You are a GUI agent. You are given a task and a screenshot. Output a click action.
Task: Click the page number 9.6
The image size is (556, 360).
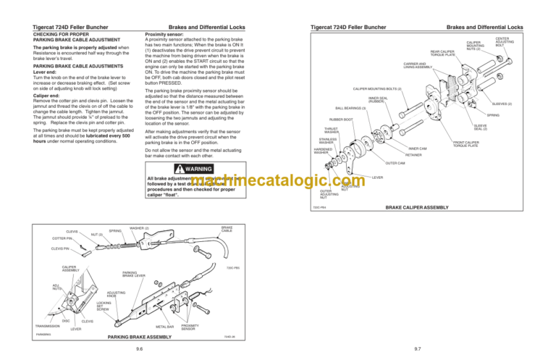pyautogui.click(x=138, y=348)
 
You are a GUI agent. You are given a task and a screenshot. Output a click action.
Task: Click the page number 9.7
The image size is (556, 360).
pyautogui.click(x=417, y=348)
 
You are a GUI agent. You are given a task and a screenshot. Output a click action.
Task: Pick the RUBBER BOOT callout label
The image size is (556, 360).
pyautogui.click(x=341, y=120)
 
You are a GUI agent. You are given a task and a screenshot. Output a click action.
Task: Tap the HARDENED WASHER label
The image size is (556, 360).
pyautogui.click(x=321, y=151)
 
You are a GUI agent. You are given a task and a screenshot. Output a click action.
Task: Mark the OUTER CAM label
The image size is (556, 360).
pyautogui.click(x=395, y=163)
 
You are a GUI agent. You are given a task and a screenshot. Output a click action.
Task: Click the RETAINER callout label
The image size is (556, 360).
pyautogui.click(x=413, y=155)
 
